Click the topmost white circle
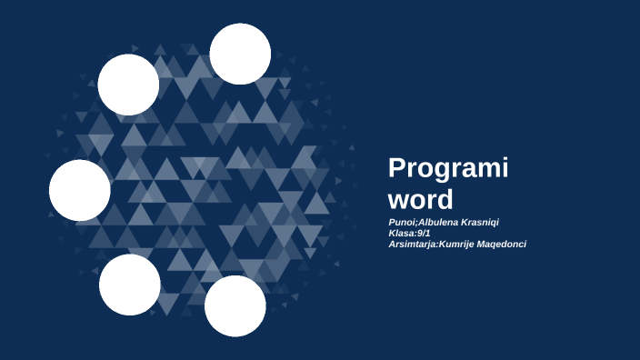click(240, 54)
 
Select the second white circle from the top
click(128, 85)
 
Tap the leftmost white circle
click(80, 190)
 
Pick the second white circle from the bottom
click(129, 285)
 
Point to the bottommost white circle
click(235, 305)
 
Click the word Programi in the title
click(448, 170)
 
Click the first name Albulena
click(437, 222)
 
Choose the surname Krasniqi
click(480, 222)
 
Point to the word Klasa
click(402, 233)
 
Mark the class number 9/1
click(425, 233)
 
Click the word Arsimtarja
click(412, 244)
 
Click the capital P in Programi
click(396, 169)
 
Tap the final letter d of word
click(444, 198)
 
